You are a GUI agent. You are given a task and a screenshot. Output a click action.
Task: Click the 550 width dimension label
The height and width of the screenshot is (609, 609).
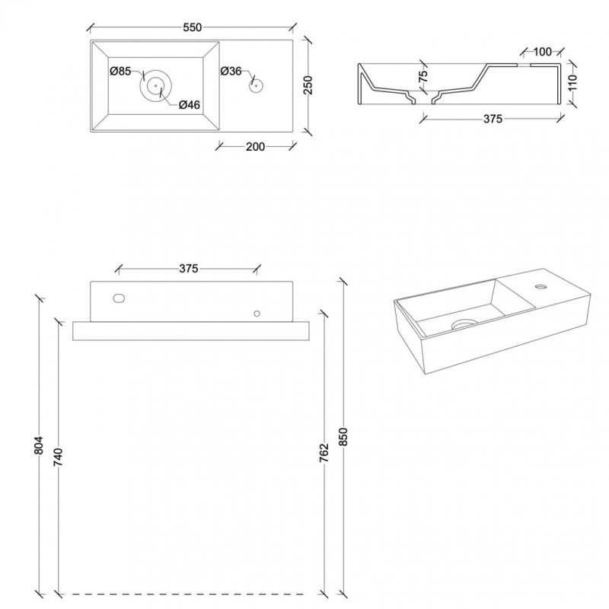click(x=193, y=27)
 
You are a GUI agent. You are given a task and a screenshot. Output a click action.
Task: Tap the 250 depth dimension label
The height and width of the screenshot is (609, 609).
click(x=308, y=85)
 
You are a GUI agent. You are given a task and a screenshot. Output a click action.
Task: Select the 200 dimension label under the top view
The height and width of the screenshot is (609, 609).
click(x=255, y=146)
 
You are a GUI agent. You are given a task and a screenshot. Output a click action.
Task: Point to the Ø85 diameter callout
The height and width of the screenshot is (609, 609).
click(x=120, y=71)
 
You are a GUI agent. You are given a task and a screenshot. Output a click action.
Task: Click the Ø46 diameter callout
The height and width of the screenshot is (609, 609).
click(x=190, y=104)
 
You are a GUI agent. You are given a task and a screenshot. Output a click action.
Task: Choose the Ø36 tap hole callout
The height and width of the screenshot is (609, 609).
click(x=231, y=71)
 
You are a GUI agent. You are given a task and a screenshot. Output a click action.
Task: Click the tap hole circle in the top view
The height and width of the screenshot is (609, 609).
click(x=256, y=85)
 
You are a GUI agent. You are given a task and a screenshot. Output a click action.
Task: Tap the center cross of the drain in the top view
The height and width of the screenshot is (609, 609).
click(x=156, y=85)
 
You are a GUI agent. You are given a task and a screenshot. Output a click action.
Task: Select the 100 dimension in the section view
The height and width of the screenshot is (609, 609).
click(x=543, y=51)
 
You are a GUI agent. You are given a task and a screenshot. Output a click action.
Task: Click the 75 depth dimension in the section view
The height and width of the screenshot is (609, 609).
click(x=423, y=75)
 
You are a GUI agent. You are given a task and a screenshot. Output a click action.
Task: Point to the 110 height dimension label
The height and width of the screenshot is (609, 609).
click(x=573, y=82)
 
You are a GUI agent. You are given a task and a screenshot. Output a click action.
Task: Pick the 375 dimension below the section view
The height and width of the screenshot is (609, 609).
click(x=493, y=119)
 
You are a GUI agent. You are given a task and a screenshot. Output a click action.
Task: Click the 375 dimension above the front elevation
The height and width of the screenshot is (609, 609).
click(x=189, y=269)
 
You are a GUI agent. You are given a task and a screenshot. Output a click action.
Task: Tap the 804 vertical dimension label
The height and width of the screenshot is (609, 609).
click(x=39, y=445)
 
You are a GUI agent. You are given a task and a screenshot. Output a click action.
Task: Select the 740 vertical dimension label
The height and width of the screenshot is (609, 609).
click(x=58, y=458)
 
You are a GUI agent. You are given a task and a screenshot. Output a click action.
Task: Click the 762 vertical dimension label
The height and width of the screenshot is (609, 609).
click(x=324, y=452)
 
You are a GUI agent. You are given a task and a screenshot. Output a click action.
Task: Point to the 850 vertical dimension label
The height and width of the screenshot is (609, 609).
click(x=343, y=436)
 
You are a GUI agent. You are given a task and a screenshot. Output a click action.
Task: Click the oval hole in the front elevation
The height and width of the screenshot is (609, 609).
click(x=119, y=298)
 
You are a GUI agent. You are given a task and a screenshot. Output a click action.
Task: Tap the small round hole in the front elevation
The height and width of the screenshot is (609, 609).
click(x=257, y=314)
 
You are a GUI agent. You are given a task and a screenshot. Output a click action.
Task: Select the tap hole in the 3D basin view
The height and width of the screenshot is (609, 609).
click(x=540, y=287)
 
